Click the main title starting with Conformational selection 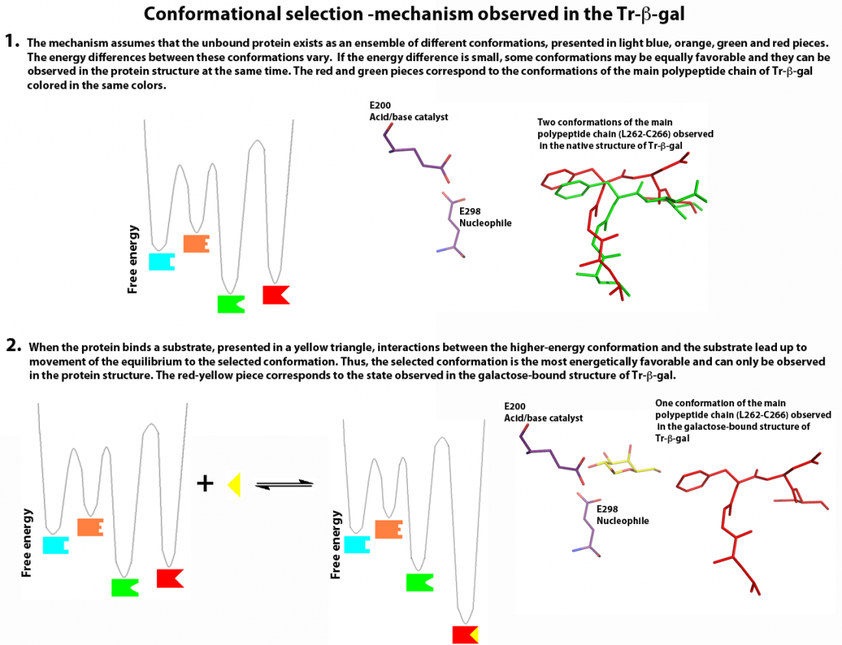[x=420, y=15]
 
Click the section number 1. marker [x=13, y=41]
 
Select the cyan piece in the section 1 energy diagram [x=161, y=261]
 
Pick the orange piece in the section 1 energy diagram [x=196, y=243]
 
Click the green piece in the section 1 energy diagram [x=230, y=304]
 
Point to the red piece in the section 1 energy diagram [x=276, y=295]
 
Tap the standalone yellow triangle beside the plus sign [x=235, y=484]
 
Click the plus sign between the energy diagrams [x=205, y=483]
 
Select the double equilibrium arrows [x=284, y=484]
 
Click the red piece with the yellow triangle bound [x=465, y=634]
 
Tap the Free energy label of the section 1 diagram [x=133, y=259]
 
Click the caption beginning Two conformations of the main [x=625, y=133]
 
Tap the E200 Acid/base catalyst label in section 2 [x=543, y=412]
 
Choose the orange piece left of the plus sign [x=90, y=526]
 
